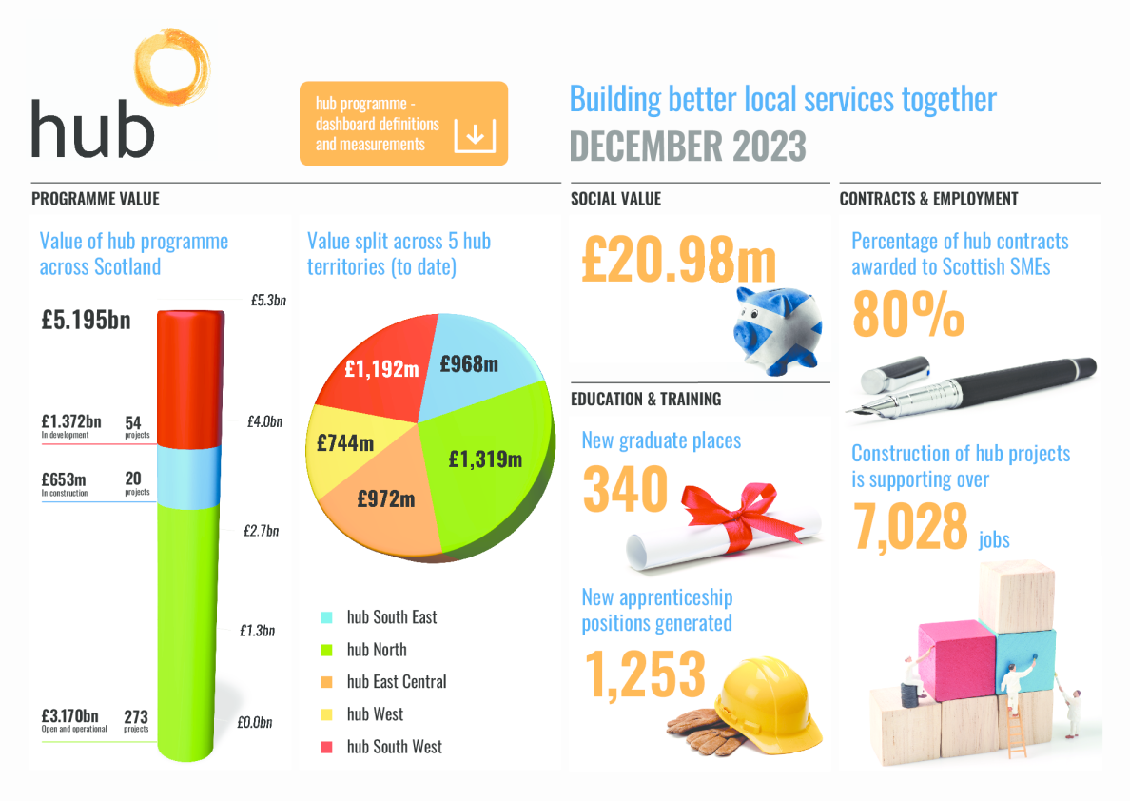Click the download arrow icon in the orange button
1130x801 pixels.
pyautogui.click(x=475, y=135)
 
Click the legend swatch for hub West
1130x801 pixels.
pyautogui.click(x=327, y=714)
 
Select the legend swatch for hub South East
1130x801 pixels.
pyautogui.click(x=327, y=617)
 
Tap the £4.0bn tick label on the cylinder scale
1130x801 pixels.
pyautogui.click(x=263, y=421)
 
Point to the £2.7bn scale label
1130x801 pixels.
pyautogui.click(x=260, y=530)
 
